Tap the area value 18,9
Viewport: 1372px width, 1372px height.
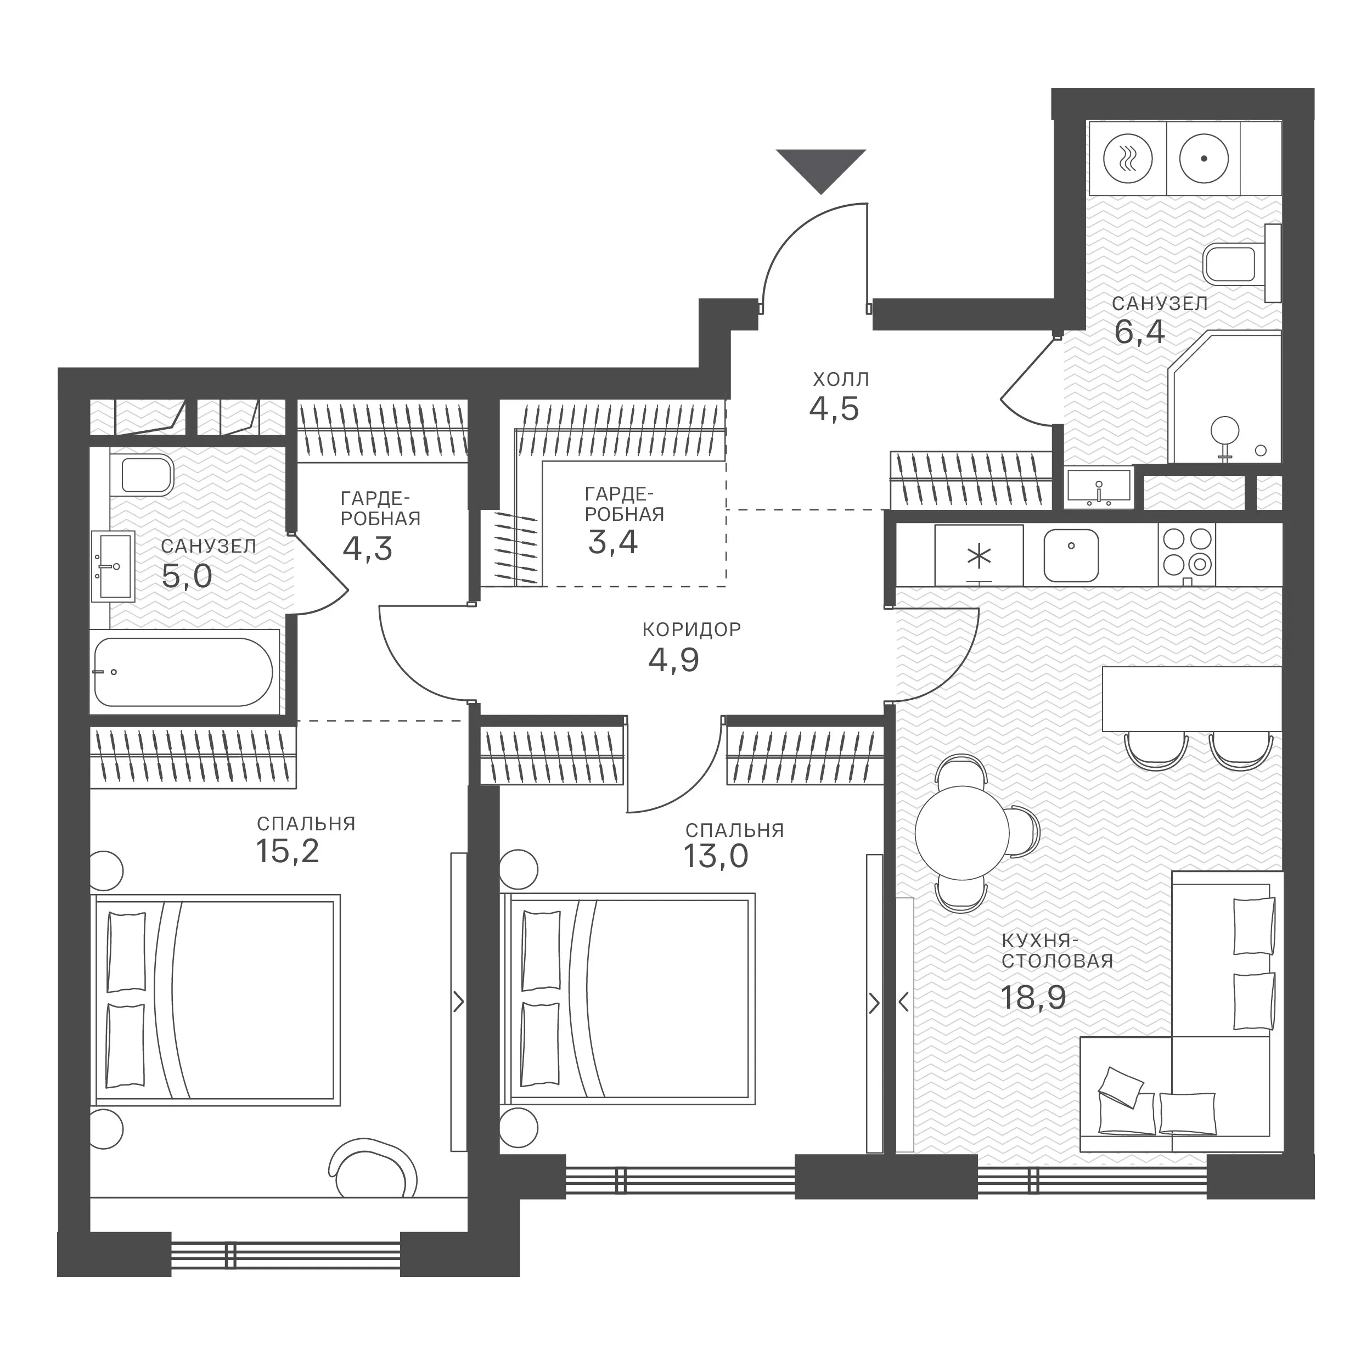(x=1033, y=997)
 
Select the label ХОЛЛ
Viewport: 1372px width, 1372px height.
(x=841, y=379)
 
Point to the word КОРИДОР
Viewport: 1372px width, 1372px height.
(x=691, y=629)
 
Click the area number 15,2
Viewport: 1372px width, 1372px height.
(x=288, y=851)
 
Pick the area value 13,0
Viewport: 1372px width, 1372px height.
(x=716, y=857)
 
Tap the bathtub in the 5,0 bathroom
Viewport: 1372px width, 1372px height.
(x=183, y=671)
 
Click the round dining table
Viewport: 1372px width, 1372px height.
(x=962, y=833)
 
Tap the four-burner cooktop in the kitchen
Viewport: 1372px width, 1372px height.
(x=1187, y=555)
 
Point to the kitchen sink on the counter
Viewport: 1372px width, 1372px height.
(x=1071, y=555)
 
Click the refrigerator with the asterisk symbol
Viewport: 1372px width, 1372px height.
(x=979, y=555)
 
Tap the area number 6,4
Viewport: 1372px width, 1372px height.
(x=1140, y=331)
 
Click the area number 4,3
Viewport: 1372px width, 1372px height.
(x=367, y=548)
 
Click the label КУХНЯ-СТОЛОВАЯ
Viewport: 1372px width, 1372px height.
(x=1058, y=951)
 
